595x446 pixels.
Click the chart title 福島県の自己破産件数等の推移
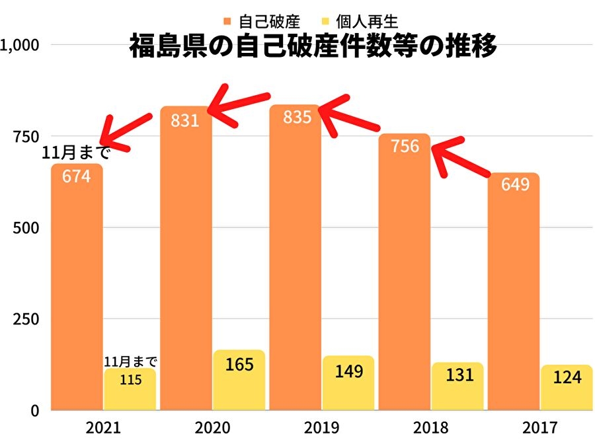313,48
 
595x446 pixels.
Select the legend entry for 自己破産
263,22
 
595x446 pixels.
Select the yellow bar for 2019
348,383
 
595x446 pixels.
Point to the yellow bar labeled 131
457,387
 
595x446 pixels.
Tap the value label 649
514,184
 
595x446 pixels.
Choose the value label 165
239,364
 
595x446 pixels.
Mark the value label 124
567,377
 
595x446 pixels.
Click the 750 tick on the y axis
26,136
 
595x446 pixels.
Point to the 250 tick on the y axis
26,319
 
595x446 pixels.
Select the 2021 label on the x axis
103,427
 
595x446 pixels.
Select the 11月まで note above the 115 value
131,361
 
